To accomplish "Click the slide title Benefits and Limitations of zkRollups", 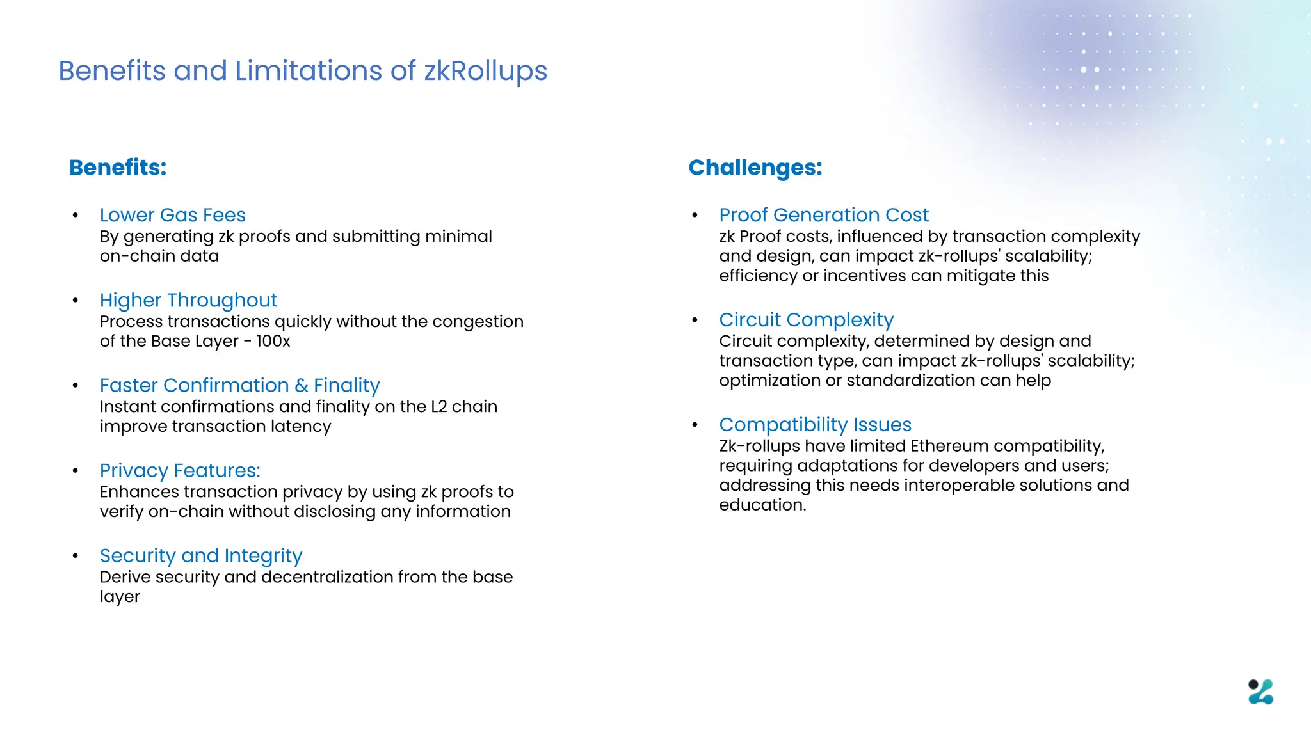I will pyautogui.click(x=303, y=71).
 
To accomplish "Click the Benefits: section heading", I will pyautogui.click(x=118, y=168).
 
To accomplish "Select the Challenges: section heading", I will pyautogui.click(x=755, y=168).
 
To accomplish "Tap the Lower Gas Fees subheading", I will pyautogui.click(x=172, y=215).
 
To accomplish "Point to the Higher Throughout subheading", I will pyautogui.click(x=188, y=300).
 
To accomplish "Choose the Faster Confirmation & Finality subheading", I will pyautogui.click(x=239, y=385).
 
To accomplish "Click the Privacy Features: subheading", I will pyautogui.click(x=180, y=470).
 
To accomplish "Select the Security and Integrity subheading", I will pyautogui.click(x=200, y=555).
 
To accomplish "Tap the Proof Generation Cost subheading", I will pyautogui.click(x=823, y=215).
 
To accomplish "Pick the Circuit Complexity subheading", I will pyautogui.click(x=806, y=319).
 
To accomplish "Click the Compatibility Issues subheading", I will pyautogui.click(x=815, y=424).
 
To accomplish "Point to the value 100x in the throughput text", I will pyautogui.click(x=273, y=341).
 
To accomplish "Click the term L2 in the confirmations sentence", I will pyautogui.click(x=439, y=407).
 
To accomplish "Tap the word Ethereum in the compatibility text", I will pyautogui.click(x=949, y=446).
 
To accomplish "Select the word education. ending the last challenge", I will pyautogui.click(x=762, y=505).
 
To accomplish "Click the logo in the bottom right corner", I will pyautogui.click(x=1260, y=692).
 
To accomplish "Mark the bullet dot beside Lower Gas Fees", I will pyautogui.click(x=76, y=215).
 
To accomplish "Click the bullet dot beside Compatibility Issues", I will pyautogui.click(x=695, y=424).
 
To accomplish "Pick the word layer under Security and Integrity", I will pyautogui.click(x=120, y=597).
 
